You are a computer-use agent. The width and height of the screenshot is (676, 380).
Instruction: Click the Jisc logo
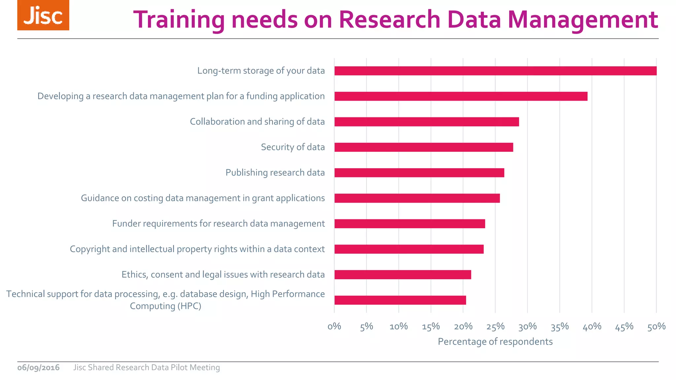(43, 16)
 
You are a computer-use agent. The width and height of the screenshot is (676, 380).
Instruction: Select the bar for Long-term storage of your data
(495, 71)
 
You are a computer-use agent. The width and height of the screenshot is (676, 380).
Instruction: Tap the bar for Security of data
(423, 147)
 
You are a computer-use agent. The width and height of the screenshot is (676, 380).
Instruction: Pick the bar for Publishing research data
(419, 173)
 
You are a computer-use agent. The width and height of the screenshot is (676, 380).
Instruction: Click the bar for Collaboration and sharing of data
(426, 122)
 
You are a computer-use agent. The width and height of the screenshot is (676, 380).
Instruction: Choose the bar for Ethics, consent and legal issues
(403, 275)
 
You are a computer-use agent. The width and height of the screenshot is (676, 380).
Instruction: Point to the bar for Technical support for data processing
(400, 300)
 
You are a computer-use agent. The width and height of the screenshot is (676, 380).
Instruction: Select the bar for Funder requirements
(410, 224)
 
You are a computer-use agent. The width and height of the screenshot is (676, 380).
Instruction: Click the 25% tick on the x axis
(495, 327)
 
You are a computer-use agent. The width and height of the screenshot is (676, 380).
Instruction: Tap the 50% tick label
(656, 327)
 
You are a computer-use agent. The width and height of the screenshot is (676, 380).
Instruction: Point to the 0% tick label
(334, 327)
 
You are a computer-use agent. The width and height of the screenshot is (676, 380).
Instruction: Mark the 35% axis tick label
(559, 327)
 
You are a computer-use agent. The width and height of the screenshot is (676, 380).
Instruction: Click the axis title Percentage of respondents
(495, 342)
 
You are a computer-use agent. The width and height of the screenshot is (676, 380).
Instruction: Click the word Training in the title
(179, 20)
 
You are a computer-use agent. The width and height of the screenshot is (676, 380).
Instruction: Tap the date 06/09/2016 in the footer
(38, 367)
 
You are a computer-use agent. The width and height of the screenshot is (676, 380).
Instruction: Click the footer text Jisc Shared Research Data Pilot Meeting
(146, 367)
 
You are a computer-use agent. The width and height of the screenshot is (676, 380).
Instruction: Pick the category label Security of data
(293, 147)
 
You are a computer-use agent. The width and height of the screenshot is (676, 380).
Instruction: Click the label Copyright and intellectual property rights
(197, 249)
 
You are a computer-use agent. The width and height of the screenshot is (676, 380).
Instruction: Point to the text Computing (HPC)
(165, 306)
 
